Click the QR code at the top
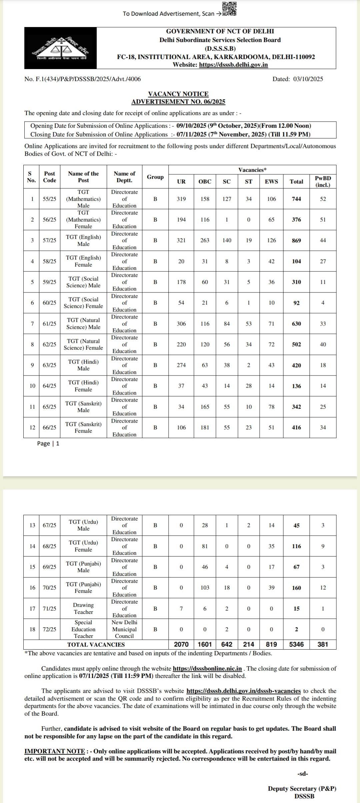(229, 9)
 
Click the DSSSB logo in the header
(60, 48)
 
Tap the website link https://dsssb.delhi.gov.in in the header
(233, 65)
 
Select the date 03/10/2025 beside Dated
(308, 79)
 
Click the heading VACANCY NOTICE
(178, 94)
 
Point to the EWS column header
(271, 181)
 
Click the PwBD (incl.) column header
(323, 181)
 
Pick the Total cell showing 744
(296, 199)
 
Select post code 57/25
(49, 240)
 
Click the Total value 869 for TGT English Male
(296, 240)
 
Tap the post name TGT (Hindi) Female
(83, 386)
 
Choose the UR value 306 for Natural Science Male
(181, 324)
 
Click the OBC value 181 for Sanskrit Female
(205, 428)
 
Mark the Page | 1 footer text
(48, 444)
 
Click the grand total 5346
(296, 644)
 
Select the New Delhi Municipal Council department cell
(124, 629)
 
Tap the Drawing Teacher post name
(83, 609)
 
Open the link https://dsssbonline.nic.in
(207, 668)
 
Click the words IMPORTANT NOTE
(55, 751)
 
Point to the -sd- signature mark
(303, 774)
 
